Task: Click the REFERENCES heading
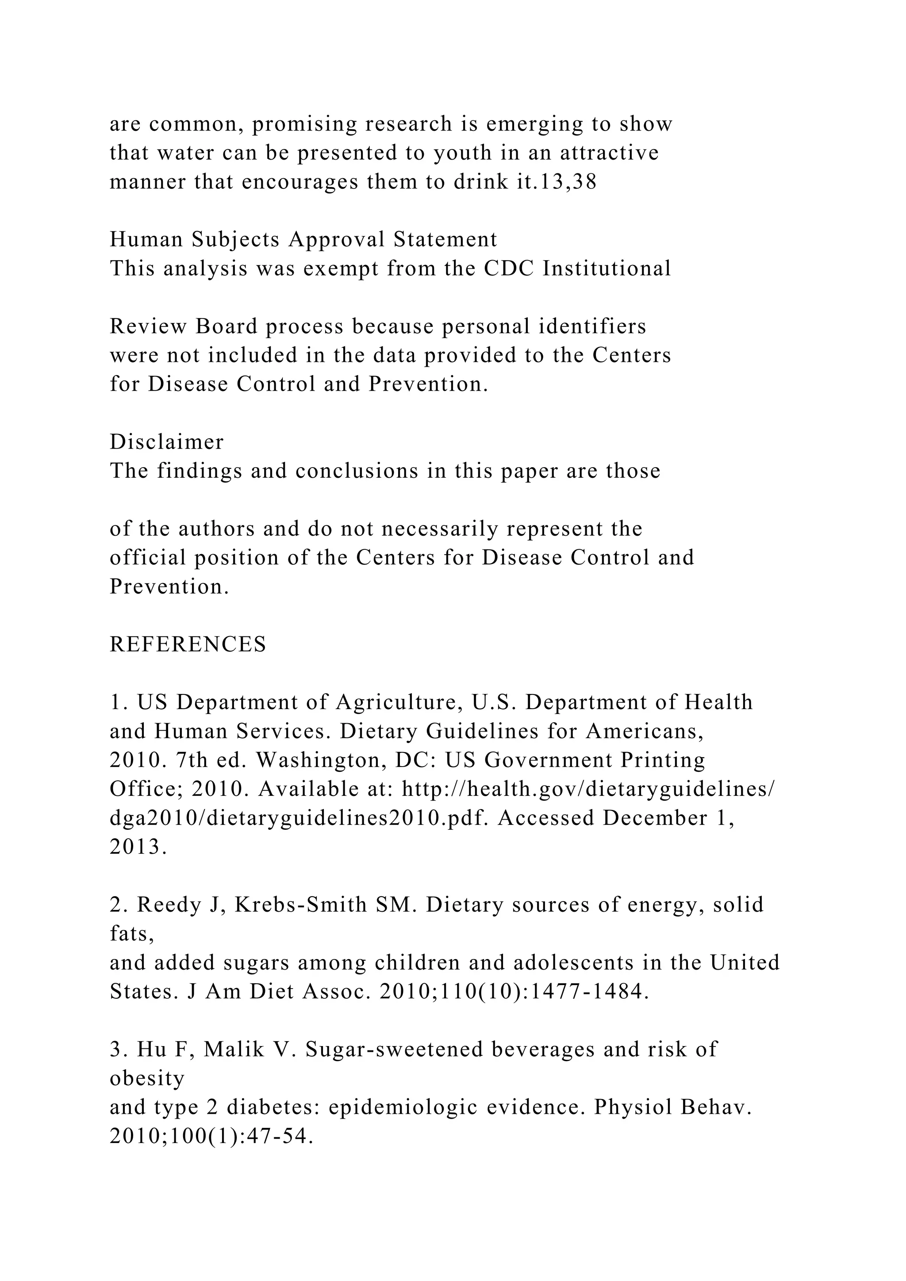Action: pos(188,644)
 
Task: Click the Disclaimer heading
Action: pos(166,442)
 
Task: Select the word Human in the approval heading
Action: pos(146,239)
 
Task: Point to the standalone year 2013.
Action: pos(138,847)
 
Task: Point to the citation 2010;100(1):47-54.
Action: pos(211,1136)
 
